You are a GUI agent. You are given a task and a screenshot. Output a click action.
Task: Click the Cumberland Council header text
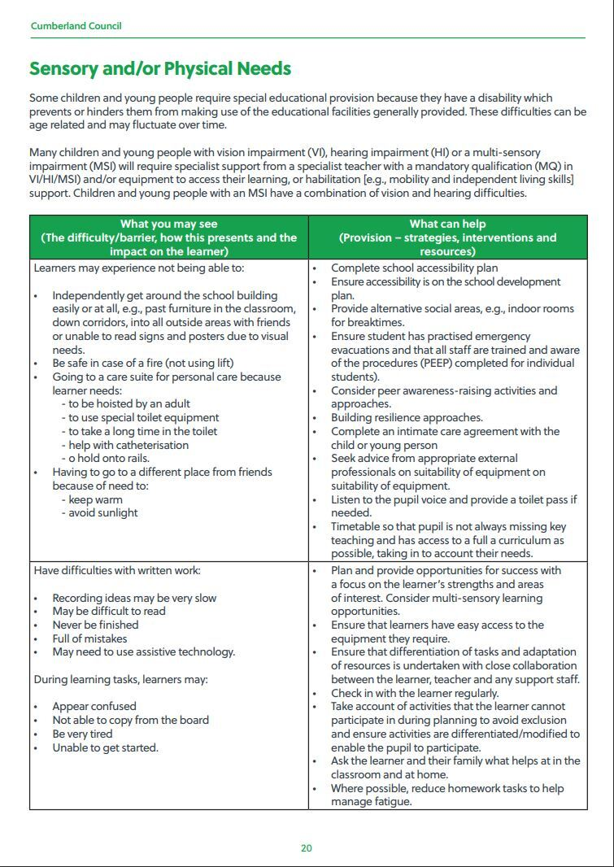pyautogui.click(x=76, y=26)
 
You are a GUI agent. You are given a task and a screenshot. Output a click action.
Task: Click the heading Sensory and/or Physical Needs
pyautogui.click(x=160, y=69)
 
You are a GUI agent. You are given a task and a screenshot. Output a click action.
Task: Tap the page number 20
pyautogui.click(x=307, y=848)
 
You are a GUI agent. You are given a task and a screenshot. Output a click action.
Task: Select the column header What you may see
pyautogui.click(x=169, y=224)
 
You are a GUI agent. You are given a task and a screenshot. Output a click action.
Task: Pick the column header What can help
pyautogui.click(x=447, y=224)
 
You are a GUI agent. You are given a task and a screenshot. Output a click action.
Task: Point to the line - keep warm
pyautogui.click(x=93, y=499)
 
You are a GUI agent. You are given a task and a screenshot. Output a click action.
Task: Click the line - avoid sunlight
pyautogui.click(x=100, y=513)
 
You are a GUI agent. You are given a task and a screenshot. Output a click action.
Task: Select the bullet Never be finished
pyautogui.click(x=95, y=625)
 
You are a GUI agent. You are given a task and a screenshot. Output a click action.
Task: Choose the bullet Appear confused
pyautogui.click(x=94, y=706)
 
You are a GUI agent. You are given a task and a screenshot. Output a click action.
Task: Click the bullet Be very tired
pyautogui.click(x=83, y=734)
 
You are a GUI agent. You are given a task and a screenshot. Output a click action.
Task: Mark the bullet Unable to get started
pyautogui.click(x=106, y=747)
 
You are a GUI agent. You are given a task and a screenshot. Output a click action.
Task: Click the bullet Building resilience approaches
pyautogui.click(x=407, y=418)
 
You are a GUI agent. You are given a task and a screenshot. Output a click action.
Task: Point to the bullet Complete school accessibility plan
pyautogui.click(x=415, y=268)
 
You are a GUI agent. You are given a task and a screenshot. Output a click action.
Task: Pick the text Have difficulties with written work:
pyautogui.click(x=117, y=571)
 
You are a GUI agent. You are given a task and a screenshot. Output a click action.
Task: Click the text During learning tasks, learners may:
pyautogui.click(x=120, y=679)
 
